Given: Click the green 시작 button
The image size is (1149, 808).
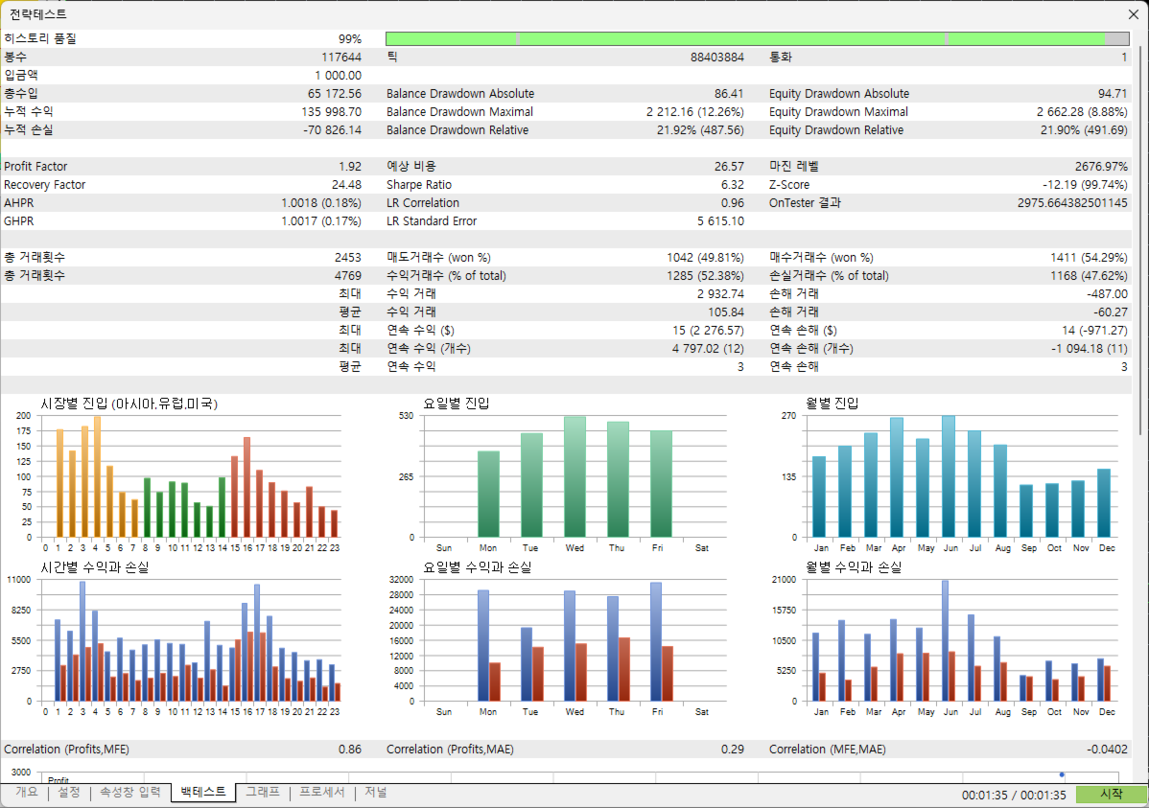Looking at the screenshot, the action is [x=1112, y=794].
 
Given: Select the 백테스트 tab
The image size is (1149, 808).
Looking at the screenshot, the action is [x=203, y=792].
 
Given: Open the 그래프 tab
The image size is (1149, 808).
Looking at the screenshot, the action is [x=263, y=792].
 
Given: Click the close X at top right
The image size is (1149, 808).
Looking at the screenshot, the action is [x=1133, y=14].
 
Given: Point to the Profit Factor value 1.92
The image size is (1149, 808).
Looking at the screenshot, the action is [x=349, y=166].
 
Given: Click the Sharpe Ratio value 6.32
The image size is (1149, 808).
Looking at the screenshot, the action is [x=732, y=185].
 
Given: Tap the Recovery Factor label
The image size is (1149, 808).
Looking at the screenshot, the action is [x=45, y=185].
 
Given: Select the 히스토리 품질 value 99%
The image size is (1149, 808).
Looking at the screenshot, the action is [x=349, y=39].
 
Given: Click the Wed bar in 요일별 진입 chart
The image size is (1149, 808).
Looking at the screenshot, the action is [x=574, y=477].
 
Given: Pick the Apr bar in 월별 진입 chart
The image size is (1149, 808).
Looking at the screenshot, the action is [x=896, y=477].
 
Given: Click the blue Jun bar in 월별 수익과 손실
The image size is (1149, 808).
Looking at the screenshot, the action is [x=946, y=641].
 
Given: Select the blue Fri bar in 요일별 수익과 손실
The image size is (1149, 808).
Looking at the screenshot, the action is [x=656, y=642].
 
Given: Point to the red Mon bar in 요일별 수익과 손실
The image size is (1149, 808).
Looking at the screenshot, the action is [x=495, y=682].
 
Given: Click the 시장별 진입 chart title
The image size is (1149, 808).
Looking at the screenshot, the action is [x=129, y=404].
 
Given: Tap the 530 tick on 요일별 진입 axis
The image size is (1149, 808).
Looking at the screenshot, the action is [x=406, y=415].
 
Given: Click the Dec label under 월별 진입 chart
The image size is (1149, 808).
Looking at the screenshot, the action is [x=1107, y=548].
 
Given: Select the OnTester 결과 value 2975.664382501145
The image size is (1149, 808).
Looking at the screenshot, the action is [x=1072, y=203].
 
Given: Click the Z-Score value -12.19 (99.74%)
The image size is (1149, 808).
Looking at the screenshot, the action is [x=1086, y=185].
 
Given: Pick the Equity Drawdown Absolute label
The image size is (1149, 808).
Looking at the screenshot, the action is [x=839, y=94].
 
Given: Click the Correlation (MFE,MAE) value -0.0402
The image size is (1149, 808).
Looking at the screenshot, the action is [x=1107, y=750].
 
